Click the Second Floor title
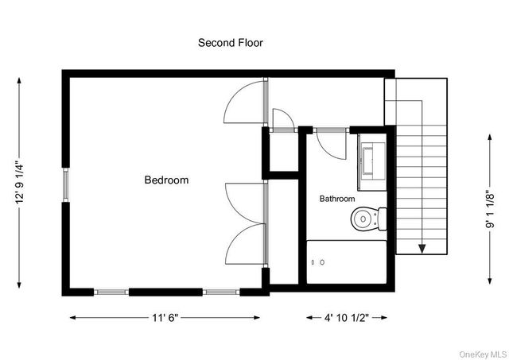point(230,43)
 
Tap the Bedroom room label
point(166,180)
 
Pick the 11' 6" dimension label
point(166,318)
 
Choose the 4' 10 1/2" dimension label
point(347,318)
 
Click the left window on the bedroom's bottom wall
point(111,292)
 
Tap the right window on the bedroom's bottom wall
point(222,292)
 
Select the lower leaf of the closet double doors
point(245,244)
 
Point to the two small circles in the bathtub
point(318,261)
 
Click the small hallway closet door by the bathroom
point(282,121)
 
